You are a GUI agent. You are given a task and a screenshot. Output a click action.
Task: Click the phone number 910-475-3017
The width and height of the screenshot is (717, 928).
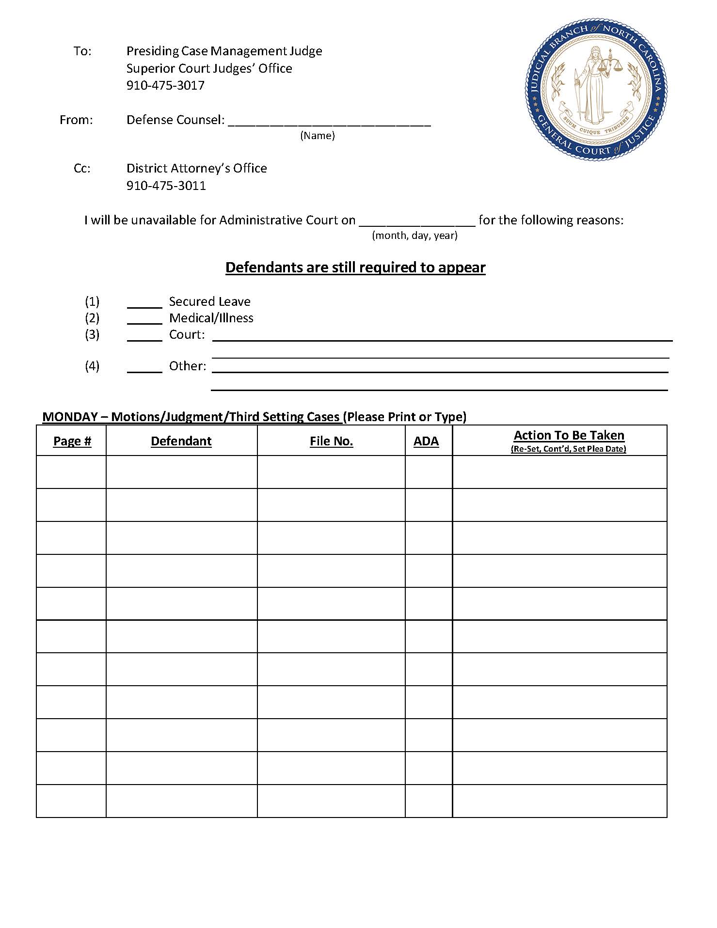tap(165, 85)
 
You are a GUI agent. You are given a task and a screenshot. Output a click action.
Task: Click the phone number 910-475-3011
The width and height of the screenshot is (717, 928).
tap(166, 186)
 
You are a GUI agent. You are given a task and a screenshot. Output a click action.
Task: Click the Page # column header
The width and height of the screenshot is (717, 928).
tap(72, 441)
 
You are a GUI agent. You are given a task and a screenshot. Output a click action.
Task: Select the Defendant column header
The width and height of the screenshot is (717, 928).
tap(181, 441)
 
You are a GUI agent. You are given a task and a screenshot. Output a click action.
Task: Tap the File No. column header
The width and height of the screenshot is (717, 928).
tap(331, 441)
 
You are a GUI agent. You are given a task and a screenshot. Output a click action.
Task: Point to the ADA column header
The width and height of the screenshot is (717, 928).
tap(426, 441)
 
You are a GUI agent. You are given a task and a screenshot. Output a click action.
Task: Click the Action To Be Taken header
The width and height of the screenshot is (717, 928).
tap(569, 435)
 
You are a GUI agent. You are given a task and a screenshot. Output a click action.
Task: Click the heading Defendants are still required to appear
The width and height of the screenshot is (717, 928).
tap(355, 267)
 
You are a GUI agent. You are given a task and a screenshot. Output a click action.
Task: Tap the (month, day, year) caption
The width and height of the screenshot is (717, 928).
tap(414, 236)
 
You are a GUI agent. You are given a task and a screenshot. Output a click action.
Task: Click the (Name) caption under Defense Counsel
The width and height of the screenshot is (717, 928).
tap(318, 136)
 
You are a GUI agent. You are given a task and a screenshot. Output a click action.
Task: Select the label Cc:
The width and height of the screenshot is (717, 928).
tap(82, 168)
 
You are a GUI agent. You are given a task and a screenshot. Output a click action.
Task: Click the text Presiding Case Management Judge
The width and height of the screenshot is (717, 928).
tap(224, 51)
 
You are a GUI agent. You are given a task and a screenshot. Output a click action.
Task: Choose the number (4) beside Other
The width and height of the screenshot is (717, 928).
tap(92, 366)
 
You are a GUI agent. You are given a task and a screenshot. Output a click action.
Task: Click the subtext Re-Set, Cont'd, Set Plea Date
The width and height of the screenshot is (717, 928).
tap(568, 449)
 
